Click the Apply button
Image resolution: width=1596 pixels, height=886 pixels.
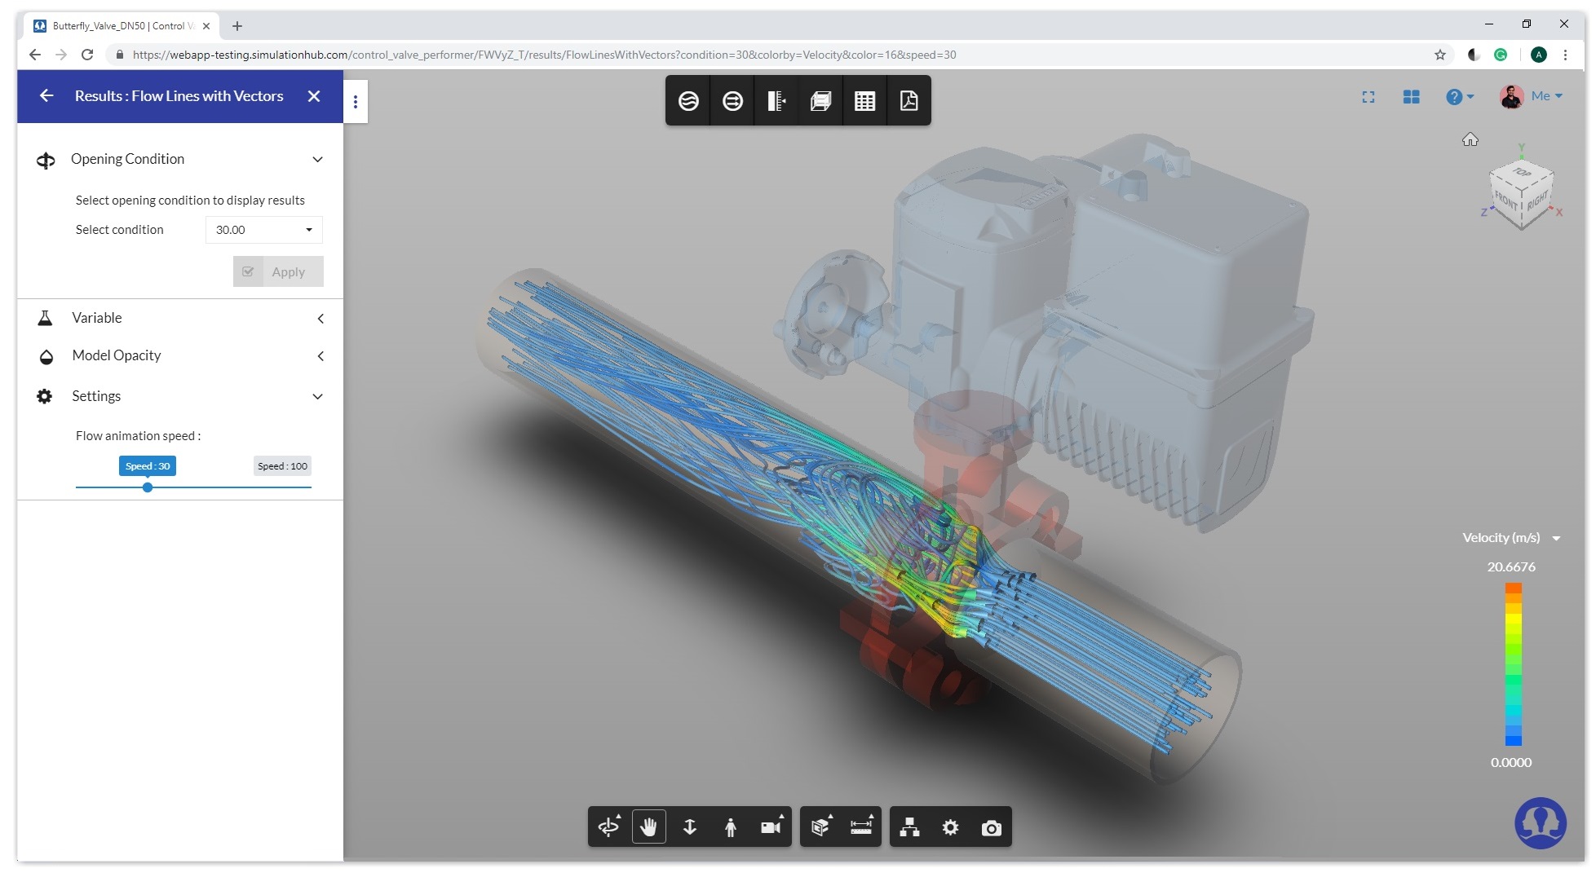coord(278,271)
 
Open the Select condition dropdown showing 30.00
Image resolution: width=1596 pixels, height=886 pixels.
coord(263,230)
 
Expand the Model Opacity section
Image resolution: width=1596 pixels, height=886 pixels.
coord(320,356)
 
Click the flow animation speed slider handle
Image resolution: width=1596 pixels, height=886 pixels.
coord(148,487)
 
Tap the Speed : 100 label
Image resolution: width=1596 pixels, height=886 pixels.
coord(282,466)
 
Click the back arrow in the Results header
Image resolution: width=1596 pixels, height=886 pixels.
coord(46,96)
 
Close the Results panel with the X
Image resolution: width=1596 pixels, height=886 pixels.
coord(314,96)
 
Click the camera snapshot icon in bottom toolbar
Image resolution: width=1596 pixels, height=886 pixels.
coord(991,828)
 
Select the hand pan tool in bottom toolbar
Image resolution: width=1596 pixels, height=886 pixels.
coord(648,827)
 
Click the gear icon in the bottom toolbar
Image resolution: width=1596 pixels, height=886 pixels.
coord(950,828)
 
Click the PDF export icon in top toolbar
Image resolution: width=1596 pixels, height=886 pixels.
coord(909,100)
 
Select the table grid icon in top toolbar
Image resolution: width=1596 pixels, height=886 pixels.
coord(864,100)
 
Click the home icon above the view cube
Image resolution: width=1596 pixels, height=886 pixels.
coord(1470,140)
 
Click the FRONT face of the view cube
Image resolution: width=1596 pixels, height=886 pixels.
coord(1506,201)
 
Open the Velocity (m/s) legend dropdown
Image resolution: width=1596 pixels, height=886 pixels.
coord(1555,538)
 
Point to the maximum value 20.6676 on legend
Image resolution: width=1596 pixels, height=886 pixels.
coord(1510,567)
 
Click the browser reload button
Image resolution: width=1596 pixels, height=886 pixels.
coord(87,55)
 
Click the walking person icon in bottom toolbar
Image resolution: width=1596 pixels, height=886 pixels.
coord(730,828)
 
